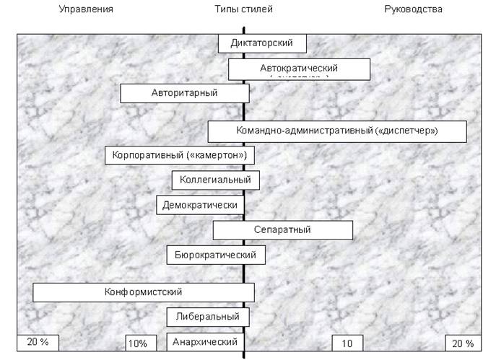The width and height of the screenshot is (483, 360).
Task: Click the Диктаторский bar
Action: (x=262, y=43)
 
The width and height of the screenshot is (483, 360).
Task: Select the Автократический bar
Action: (x=299, y=69)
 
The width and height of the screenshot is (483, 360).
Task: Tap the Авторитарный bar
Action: (x=184, y=93)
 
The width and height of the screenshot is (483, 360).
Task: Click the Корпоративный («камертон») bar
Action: (x=180, y=155)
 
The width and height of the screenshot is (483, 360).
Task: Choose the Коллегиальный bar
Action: (x=215, y=180)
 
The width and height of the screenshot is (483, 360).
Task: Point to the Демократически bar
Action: (x=200, y=205)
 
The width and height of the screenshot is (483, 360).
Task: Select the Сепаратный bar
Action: (x=282, y=230)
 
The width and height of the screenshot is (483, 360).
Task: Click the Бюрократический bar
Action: (x=215, y=255)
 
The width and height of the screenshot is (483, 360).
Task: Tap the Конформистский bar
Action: (x=143, y=292)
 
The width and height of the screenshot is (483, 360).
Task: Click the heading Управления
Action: (x=85, y=9)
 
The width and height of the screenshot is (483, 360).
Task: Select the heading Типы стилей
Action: (x=244, y=9)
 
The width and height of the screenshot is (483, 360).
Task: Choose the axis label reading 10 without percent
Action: (x=347, y=343)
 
